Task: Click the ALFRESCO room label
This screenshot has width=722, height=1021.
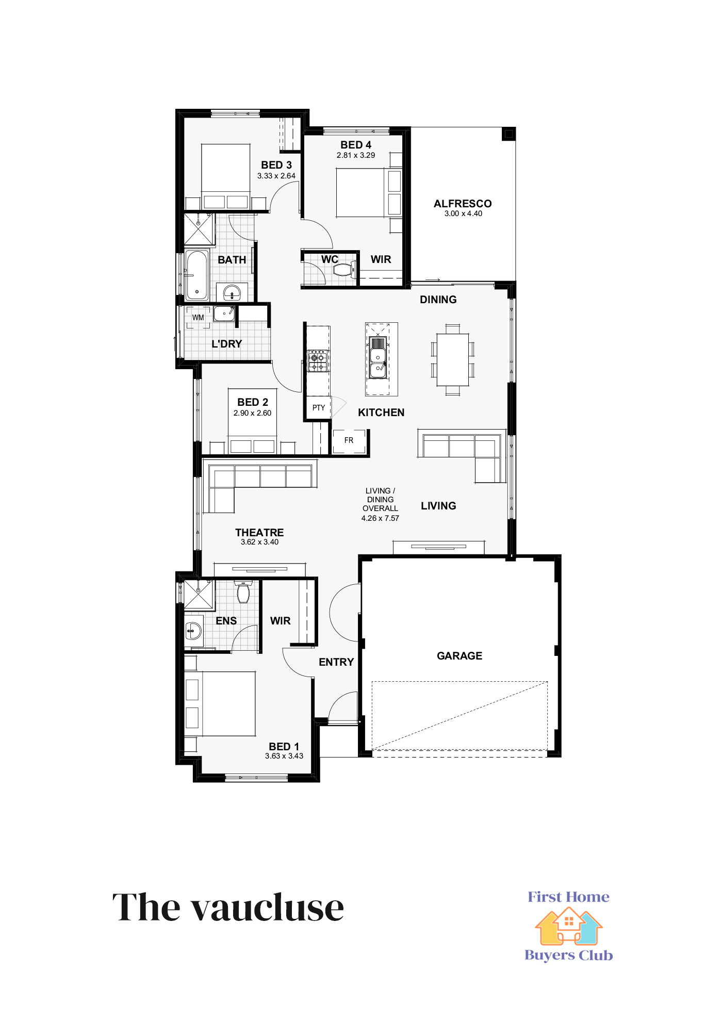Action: tap(463, 204)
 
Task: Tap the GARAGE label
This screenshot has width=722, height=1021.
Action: tap(460, 656)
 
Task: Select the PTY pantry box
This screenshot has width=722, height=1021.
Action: tap(318, 408)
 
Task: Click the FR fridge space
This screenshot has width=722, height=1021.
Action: tap(349, 441)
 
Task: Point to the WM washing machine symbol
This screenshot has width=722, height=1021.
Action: tap(198, 317)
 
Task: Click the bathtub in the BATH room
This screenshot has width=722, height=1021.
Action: tap(196, 275)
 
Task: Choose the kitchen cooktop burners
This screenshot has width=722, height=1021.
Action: tap(318, 361)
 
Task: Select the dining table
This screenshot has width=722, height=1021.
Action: tap(453, 359)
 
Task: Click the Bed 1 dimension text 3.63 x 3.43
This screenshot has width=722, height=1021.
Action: tap(284, 756)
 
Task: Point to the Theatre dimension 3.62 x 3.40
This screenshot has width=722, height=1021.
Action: tap(259, 542)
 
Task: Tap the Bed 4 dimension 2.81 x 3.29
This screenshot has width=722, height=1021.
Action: tap(356, 155)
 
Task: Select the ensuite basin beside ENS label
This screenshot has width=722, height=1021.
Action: tap(193, 630)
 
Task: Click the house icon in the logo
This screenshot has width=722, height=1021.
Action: tap(568, 927)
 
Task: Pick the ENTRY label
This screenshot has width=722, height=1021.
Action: tap(336, 662)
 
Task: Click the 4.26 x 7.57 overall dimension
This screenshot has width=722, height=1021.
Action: tap(380, 518)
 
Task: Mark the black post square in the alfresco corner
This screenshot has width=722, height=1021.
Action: tap(508, 134)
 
